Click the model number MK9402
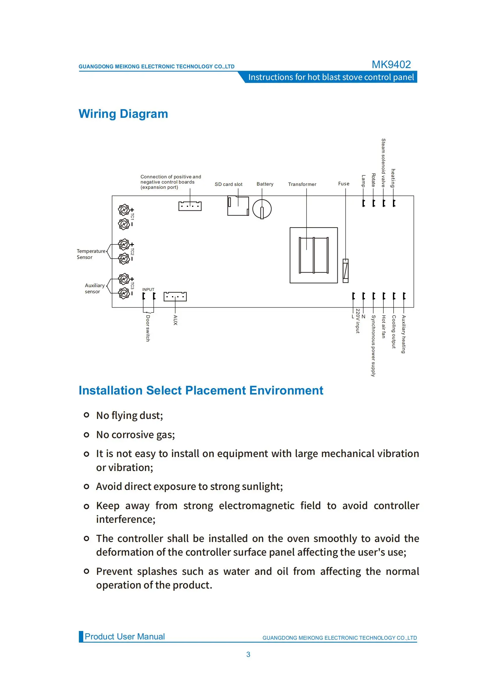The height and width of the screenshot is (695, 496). tap(391, 64)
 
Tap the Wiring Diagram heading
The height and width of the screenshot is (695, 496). tap(123, 114)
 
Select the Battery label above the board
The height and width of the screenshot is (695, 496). tap(265, 184)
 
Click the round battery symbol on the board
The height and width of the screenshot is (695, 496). tap(262, 209)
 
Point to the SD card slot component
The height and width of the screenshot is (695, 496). tap(238, 206)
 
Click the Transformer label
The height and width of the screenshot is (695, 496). tap(302, 184)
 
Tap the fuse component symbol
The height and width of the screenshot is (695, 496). tap(346, 271)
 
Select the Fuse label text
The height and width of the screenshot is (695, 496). tap(343, 184)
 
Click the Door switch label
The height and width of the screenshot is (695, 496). tap(148, 328)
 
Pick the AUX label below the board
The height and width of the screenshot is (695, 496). tap(175, 320)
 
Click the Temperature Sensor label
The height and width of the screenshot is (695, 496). tap(91, 254)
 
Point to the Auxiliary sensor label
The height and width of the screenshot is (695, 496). tap(94, 288)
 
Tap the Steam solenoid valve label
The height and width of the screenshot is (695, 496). tap(383, 163)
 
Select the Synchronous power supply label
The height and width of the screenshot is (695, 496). tap(373, 346)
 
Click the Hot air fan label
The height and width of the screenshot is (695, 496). tap(384, 327)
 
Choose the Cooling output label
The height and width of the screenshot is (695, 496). tap(394, 332)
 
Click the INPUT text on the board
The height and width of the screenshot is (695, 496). tap(148, 289)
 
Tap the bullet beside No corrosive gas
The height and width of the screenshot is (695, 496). tap(86, 435)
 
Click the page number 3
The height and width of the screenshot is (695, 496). tap(248, 654)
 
